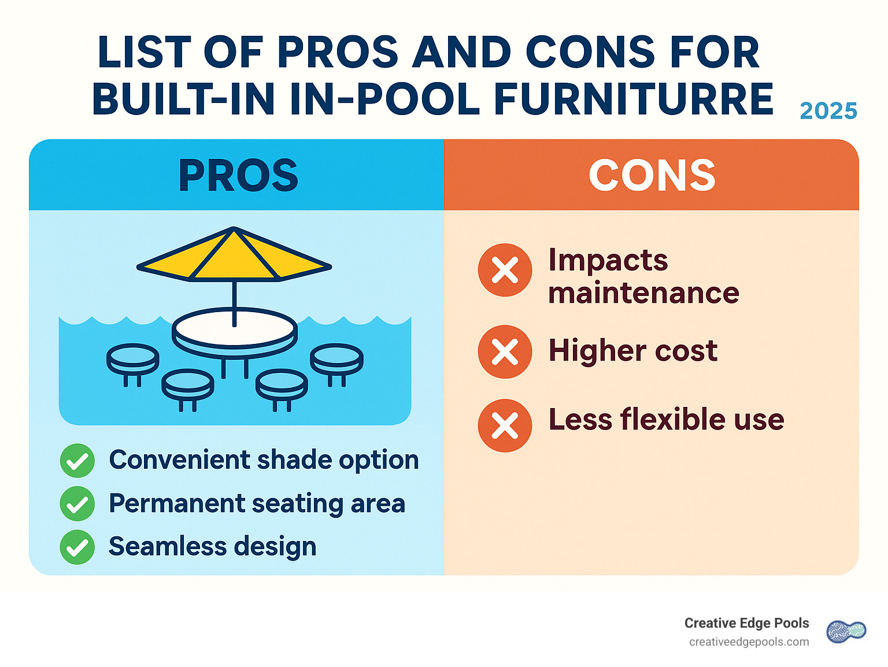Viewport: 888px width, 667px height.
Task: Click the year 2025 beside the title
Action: click(828, 111)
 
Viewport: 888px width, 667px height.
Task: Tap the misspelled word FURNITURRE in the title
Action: click(634, 99)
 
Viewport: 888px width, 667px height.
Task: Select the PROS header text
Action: click(238, 175)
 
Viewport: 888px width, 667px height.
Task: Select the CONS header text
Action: click(652, 175)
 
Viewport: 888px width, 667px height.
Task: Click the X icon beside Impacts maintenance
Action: click(505, 270)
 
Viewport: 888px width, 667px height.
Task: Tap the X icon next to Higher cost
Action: click(505, 351)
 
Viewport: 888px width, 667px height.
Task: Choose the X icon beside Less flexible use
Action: click(505, 425)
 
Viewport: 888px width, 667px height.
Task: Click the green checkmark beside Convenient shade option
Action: click(77, 461)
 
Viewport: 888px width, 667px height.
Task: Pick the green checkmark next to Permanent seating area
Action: click(77, 504)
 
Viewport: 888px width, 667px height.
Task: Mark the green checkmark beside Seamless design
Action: click(77, 547)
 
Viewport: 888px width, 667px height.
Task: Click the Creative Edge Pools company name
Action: click(746, 623)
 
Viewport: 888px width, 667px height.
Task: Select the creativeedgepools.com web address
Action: click(749, 642)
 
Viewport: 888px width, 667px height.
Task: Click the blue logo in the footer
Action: click(846, 632)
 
